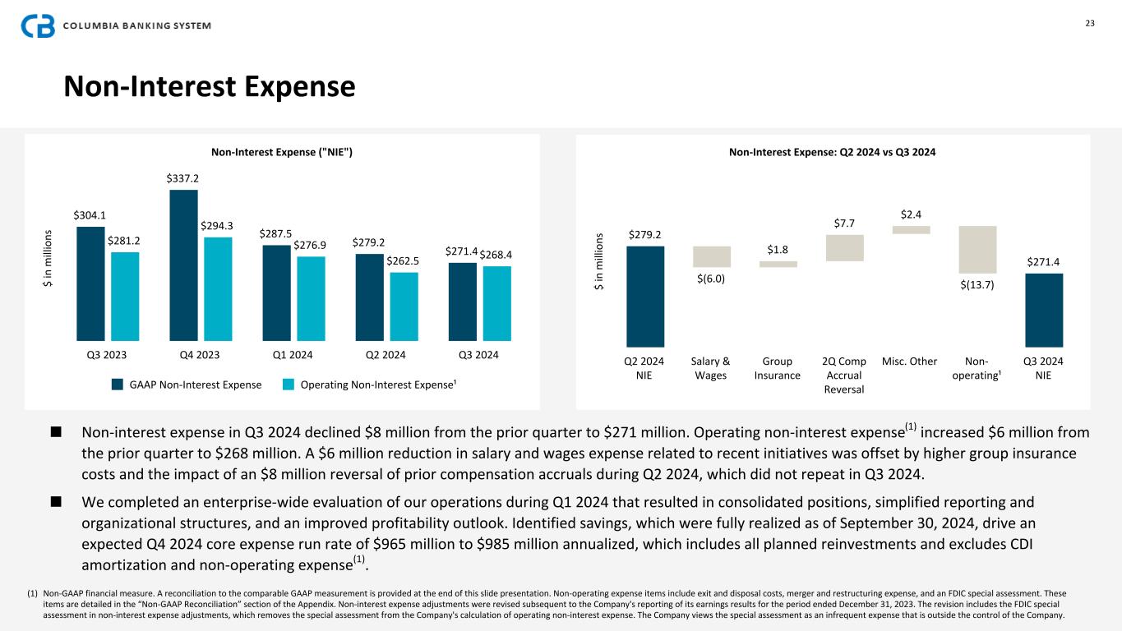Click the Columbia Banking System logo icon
coord(38,26)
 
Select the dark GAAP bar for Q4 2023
coord(183,265)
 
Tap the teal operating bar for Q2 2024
coord(404,306)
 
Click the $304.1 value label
coord(89,215)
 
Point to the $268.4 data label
coord(497,254)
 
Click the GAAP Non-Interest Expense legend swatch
coord(118,385)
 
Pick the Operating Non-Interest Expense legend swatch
coord(289,385)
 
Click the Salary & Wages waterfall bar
coord(712,256)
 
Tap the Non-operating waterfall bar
coord(977,249)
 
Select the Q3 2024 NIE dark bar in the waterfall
coord(1044,310)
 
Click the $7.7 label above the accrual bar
coord(843,223)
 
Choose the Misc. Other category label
coord(909,362)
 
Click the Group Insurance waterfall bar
coord(778,264)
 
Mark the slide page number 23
coord(1090,23)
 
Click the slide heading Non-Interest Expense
coord(210,86)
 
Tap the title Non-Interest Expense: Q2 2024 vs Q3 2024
coord(833,152)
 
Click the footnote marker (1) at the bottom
coord(33,592)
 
